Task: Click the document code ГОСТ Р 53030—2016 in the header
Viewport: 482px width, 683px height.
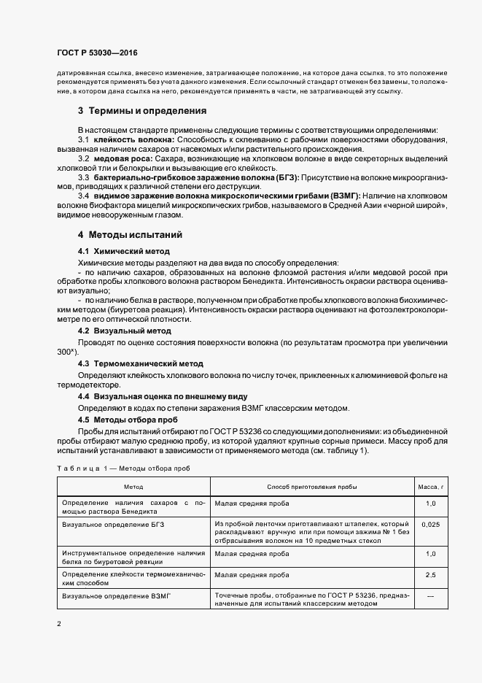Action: pyautogui.click(x=97, y=53)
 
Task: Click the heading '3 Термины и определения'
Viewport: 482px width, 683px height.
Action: pyautogui.click(x=142, y=112)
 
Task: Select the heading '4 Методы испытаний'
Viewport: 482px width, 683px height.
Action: pyautogui.click(x=130, y=235)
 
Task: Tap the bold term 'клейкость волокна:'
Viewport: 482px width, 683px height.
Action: pyautogui.click(x=133, y=139)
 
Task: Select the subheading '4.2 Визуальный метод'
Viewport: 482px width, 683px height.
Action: pyautogui.click(x=124, y=331)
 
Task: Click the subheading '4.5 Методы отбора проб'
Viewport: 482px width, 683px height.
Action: pyautogui.click(x=126, y=420)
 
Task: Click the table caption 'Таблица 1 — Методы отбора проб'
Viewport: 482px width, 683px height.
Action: pyautogui.click(x=123, y=467)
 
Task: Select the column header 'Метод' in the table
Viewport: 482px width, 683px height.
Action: pyautogui.click(x=133, y=486)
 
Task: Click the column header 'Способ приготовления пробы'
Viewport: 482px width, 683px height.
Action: pyautogui.click(x=312, y=486)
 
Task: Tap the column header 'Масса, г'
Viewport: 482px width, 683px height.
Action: pyautogui.click(x=430, y=486)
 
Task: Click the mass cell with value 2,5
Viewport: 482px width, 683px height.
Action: pyautogui.click(x=430, y=575)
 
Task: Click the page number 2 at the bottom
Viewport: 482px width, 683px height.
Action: pyautogui.click(x=58, y=624)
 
